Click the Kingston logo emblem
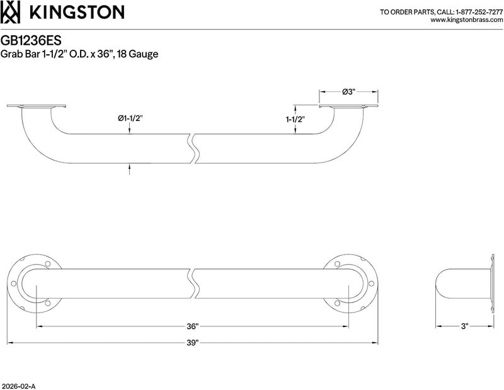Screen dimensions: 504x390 [x=11, y=12]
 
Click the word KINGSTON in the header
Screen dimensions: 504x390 [x=77, y=12]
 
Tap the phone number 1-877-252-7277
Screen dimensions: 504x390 [x=479, y=12]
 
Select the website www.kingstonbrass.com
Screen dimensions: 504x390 [x=466, y=20]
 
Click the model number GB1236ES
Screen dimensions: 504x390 [x=31, y=41]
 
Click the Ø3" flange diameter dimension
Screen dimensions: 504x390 [x=348, y=92]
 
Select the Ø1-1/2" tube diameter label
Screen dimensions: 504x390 [x=130, y=118]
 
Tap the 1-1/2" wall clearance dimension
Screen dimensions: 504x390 [x=295, y=120]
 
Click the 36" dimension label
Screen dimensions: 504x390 [x=192, y=326]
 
